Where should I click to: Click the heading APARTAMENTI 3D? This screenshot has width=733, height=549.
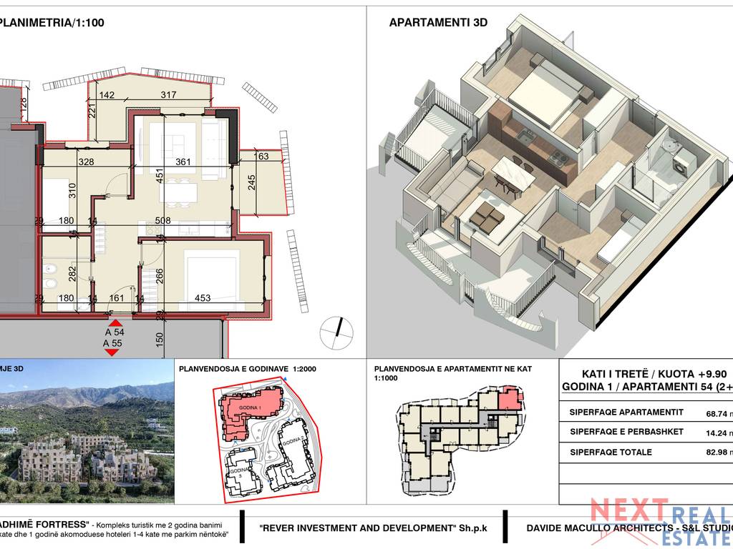(x=438, y=22)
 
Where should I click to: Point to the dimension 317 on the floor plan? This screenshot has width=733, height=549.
(x=169, y=95)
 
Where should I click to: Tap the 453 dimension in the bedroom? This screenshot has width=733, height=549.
(x=203, y=298)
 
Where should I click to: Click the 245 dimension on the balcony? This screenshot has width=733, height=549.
(x=251, y=184)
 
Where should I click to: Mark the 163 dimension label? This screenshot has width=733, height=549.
(x=261, y=157)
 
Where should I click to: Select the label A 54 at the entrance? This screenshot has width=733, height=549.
(x=114, y=332)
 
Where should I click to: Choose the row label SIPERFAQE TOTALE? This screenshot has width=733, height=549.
(x=611, y=452)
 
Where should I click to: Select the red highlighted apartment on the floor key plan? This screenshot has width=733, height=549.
(x=507, y=397)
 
